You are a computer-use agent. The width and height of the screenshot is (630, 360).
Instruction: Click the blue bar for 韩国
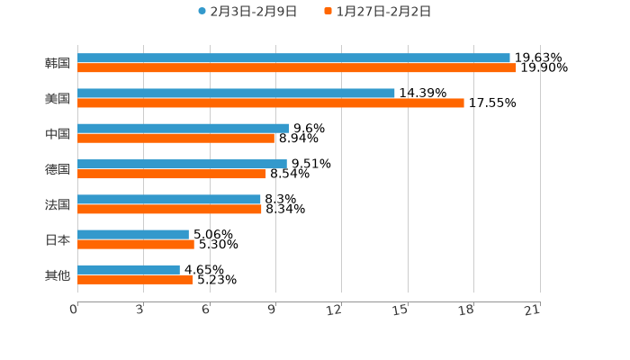pos(293,58)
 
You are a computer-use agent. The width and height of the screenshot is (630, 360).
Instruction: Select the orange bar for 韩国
pos(297,67)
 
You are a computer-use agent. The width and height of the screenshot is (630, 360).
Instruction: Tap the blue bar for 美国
pos(236,93)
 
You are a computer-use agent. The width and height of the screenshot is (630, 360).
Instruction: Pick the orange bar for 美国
pos(271,103)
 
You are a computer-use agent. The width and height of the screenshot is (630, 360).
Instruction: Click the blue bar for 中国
pos(183,128)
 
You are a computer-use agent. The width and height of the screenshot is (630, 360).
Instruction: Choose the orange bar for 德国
pos(172,174)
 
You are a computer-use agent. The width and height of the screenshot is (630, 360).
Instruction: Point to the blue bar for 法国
pos(169,199)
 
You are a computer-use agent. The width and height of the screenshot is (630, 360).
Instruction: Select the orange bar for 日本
pos(136,244)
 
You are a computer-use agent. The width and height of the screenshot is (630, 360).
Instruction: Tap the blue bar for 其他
pos(129,269)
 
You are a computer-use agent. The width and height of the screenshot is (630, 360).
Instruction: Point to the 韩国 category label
pos(58,63)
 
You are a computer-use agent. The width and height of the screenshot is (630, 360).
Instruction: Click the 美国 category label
pos(58,98)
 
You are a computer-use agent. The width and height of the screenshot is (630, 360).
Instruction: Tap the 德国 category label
pos(58,169)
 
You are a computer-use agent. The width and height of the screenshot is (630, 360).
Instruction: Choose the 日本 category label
pos(58,239)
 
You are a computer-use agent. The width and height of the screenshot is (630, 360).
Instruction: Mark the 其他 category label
pos(58,274)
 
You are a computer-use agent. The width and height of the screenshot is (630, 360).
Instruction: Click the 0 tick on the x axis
pos(75,310)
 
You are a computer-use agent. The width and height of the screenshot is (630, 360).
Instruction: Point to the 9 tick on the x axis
pos(272,310)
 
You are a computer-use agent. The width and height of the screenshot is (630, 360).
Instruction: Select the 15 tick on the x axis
pos(401,310)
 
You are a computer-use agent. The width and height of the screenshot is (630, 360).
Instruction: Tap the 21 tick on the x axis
pos(533,310)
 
